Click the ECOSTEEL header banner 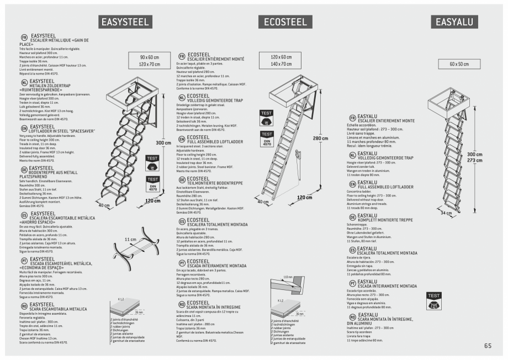[285, 22]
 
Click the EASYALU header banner [454, 22]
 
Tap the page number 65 [488, 346]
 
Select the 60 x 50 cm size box [458, 64]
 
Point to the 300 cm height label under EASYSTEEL [163, 143]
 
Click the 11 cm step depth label [130, 240]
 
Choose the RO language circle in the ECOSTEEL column [182, 304]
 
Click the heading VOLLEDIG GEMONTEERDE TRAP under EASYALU [385, 158]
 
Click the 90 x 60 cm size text [149, 57]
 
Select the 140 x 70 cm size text [281, 64]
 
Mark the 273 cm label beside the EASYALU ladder [474, 161]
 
